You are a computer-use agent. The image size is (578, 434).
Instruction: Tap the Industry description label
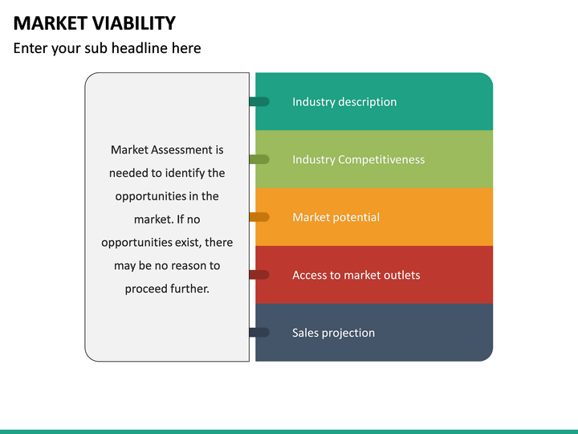click(x=344, y=102)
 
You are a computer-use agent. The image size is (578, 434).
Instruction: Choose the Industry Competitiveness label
click(x=358, y=160)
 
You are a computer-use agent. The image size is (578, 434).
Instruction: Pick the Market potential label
click(x=336, y=218)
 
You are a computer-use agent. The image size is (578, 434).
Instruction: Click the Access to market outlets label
click(x=356, y=276)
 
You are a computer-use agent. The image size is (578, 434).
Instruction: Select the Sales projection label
click(x=333, y=334)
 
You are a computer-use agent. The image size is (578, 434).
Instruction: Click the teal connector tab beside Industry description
click(x=259, y=102)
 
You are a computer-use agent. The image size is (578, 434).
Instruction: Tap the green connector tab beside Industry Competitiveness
click(x=259, y=160)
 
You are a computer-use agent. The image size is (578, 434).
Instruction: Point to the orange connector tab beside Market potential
click(x=259, y=217)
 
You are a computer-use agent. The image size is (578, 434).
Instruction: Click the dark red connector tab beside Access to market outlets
click(x=259, y=275)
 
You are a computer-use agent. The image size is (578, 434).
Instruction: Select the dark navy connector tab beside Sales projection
click(x=259, y=333)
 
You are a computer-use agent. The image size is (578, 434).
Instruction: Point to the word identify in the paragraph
click(x=186, y=174)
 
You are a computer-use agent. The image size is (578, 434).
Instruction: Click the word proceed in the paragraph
click(x=145, y=289)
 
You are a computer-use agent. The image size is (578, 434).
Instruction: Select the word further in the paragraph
click(x=189, y=289)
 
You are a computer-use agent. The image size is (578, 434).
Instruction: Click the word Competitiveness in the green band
click(x=381, y=160)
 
